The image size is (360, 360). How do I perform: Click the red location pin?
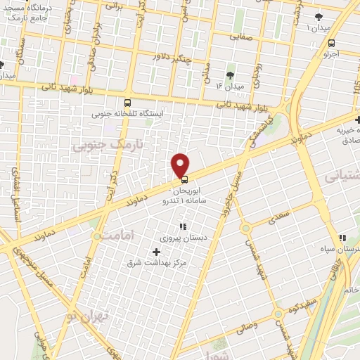[181, 165]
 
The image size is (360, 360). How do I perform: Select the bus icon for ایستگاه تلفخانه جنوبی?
[127, 102]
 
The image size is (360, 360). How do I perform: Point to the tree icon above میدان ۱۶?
[230, 75]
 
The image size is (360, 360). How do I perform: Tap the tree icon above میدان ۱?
[319, 15]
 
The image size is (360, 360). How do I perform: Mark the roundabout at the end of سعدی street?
[245, 228]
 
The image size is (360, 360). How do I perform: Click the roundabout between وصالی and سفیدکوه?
[279, 313]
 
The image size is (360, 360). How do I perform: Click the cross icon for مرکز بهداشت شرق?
[156, 252]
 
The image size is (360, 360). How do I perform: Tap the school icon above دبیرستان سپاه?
[342, 238]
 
